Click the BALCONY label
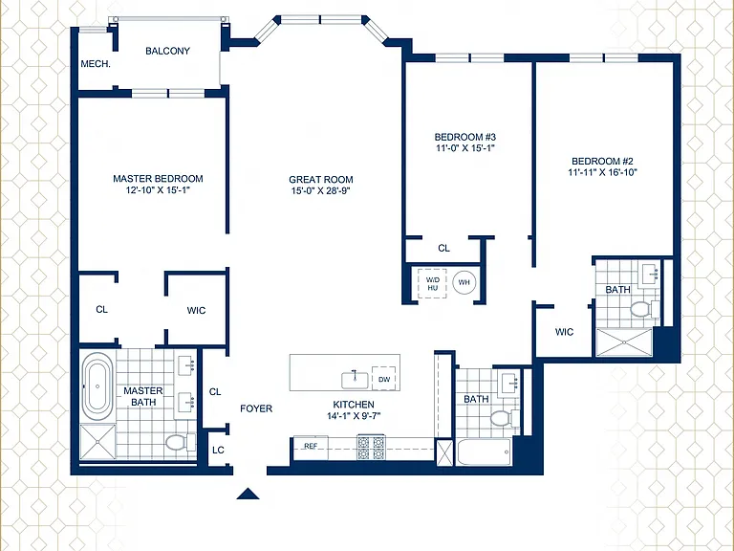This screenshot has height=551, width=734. click(x=167, y=51)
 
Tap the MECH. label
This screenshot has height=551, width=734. click(x=96, y=64)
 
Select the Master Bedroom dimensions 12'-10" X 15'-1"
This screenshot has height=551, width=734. click(x=159, y=190)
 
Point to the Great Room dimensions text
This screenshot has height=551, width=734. click(x=321, y=190)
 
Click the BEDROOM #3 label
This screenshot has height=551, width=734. click(x=464, y=137)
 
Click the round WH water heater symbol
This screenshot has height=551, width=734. click(x=464, y=282)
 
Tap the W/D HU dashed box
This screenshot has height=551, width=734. click(x=432, y=283)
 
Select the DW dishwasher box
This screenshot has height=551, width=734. click(x=384, y=379)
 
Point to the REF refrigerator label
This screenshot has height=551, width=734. click(x=311, y=446)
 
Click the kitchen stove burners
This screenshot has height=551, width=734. click(x=371, y=448)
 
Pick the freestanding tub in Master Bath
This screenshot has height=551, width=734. click(x=97, y=386)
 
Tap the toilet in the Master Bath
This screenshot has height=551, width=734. click(x=181, y=442)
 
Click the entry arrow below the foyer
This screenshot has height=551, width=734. click(x=248, y=494)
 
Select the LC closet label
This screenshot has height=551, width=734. click(x=218, y=450)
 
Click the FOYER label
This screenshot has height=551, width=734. click(x=256, y=408)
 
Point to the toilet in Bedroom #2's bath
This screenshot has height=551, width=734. click(x=644, y=309)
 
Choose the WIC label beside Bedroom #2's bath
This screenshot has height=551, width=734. click(x=564, y=332)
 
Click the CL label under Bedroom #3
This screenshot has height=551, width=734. click(x=443, y=248)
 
